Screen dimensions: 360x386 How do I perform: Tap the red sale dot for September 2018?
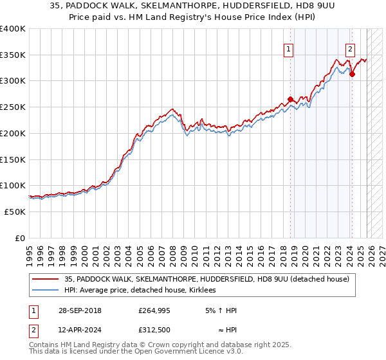[x=290, y=99]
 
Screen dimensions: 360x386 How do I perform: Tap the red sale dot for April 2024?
[x=352, y=74]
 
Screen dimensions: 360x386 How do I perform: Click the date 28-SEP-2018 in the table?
[x=79, y=310]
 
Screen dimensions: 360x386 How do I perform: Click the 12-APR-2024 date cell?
[x=79, y=330]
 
